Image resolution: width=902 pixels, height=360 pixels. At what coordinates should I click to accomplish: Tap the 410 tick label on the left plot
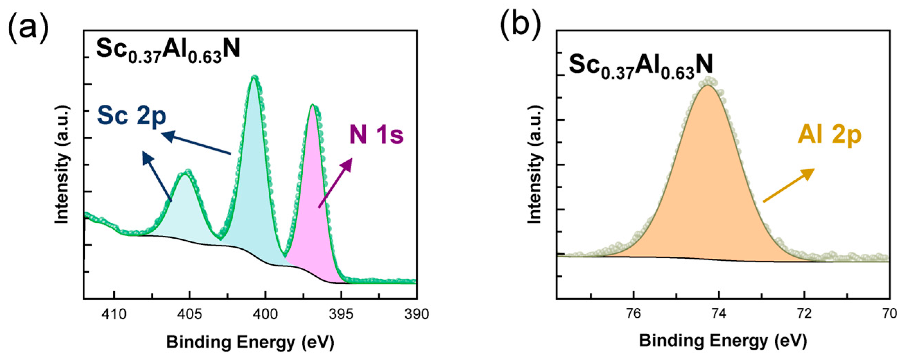pyautogui.click(x=114, y=314)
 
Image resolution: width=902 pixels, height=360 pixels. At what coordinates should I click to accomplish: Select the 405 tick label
pyautogui.click(x=189, y=314)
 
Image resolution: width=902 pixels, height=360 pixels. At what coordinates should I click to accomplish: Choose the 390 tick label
pyautogui.click(x=416, y=314)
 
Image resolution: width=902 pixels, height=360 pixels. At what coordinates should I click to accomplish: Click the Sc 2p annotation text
pyautogui.click(x=132, y=116)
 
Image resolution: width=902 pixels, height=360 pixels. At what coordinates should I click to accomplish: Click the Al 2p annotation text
pyautogui.click(x=829, y=135)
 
